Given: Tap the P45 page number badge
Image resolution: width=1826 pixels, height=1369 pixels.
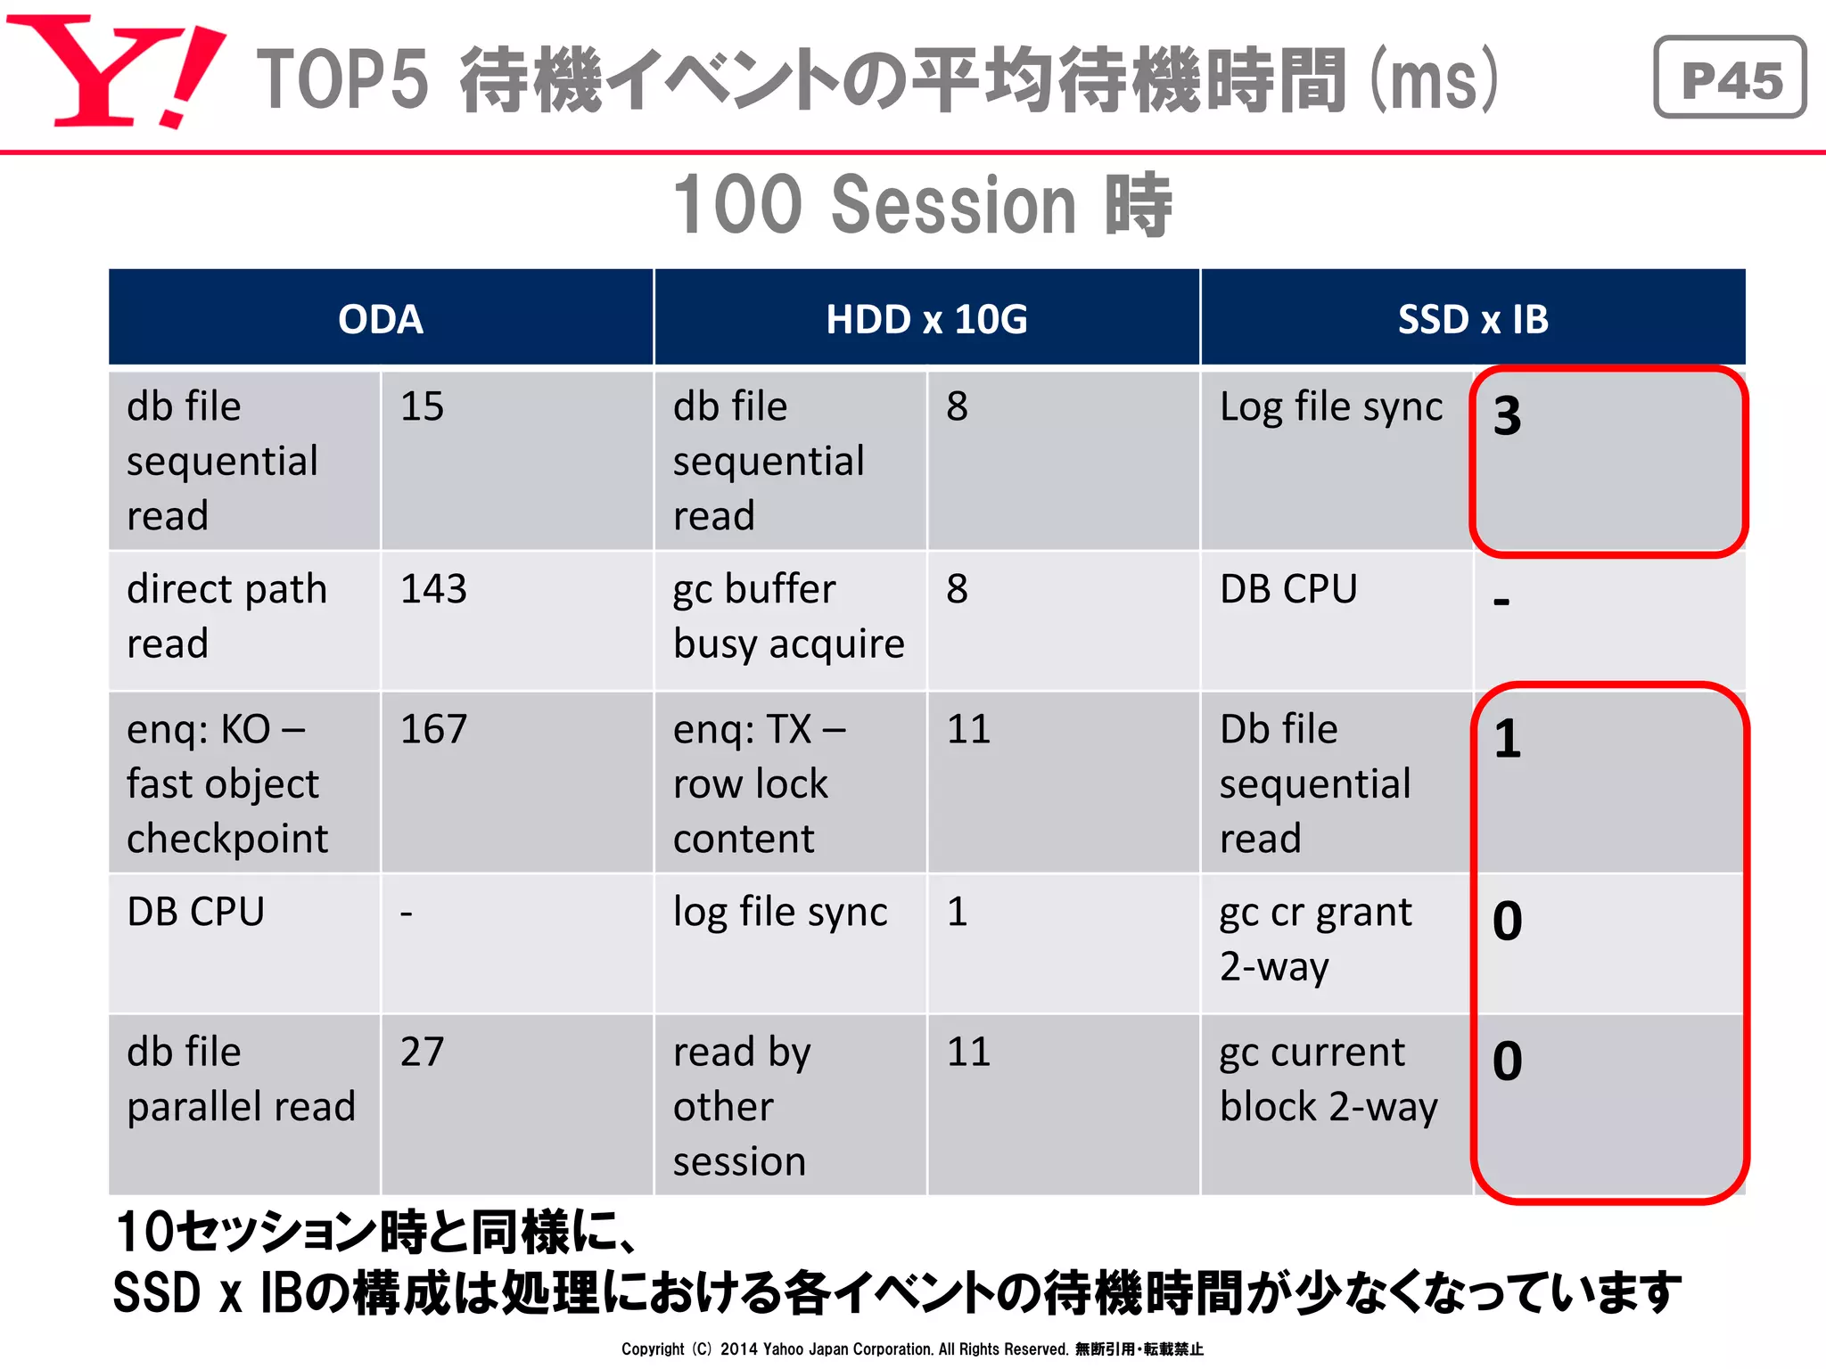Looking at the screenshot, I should tap(1729, 78).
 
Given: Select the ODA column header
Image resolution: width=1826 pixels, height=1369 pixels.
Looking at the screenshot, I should tap(381, 319).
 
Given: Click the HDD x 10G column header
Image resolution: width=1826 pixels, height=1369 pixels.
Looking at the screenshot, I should tap(926, 319).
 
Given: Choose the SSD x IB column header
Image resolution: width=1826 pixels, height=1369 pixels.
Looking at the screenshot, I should tap(1472, 319).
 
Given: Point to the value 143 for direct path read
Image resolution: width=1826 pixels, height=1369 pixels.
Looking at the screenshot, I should tap(433, 589).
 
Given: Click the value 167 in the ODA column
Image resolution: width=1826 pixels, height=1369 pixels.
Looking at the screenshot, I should tap(433, 729).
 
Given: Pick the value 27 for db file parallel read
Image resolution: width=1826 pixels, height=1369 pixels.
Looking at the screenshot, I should tap(422, 1052).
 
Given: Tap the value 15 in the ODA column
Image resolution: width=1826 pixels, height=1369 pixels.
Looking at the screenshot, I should tap(422, 406).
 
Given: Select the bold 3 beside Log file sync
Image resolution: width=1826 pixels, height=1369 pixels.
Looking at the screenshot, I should tap(1507, 416).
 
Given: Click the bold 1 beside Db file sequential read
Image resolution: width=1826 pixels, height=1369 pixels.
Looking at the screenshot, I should tap(1507, 739).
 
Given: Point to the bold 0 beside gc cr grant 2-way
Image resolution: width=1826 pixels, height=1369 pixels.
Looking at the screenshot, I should tap(1507, 921).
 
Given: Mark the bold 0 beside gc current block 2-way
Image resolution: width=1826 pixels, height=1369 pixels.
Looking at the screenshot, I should tap(1507, 1061).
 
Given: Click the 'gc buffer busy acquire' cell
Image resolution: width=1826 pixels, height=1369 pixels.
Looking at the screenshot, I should tap(788, 616).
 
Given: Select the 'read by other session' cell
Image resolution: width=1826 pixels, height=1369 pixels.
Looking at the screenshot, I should tap(742, 1106).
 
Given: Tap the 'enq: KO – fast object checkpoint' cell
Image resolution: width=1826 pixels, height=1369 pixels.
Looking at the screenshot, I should tap(227, 783).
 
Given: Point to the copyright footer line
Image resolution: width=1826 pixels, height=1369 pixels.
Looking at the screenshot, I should tap(912, 1349).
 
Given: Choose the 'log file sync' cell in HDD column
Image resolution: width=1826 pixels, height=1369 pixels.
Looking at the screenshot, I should tap(780, 913).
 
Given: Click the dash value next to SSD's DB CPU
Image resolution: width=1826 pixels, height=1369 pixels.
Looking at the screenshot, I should tap(1501, 602).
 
